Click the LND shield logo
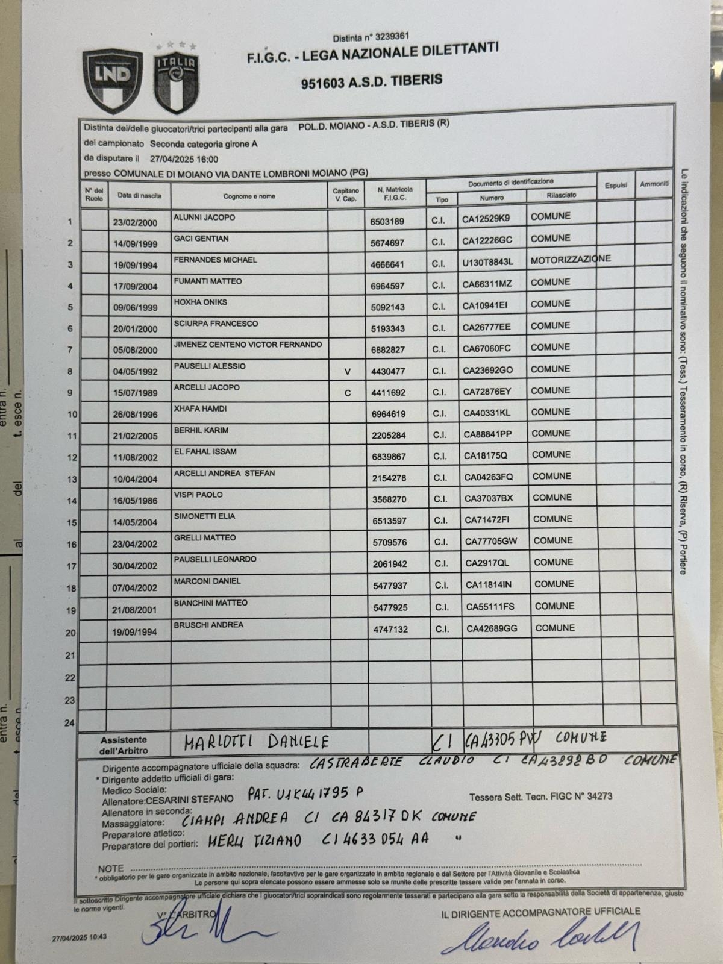(x=113, y=81)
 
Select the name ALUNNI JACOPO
(x=204, y=217)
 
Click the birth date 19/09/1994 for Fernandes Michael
(x=135, y=265)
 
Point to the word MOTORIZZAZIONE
(x=570, y=260)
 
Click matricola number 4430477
(x=388, y=371)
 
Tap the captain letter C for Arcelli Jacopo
(x=347, y=393)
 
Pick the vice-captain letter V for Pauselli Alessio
(x=347, y=372)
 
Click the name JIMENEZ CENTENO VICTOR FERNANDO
(x=248, y=345)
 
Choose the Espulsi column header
(x=616, y=186)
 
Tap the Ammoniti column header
(x=654, y=184)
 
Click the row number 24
(x=70, y=723)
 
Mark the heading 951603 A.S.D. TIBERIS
(x=372, y=80)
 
